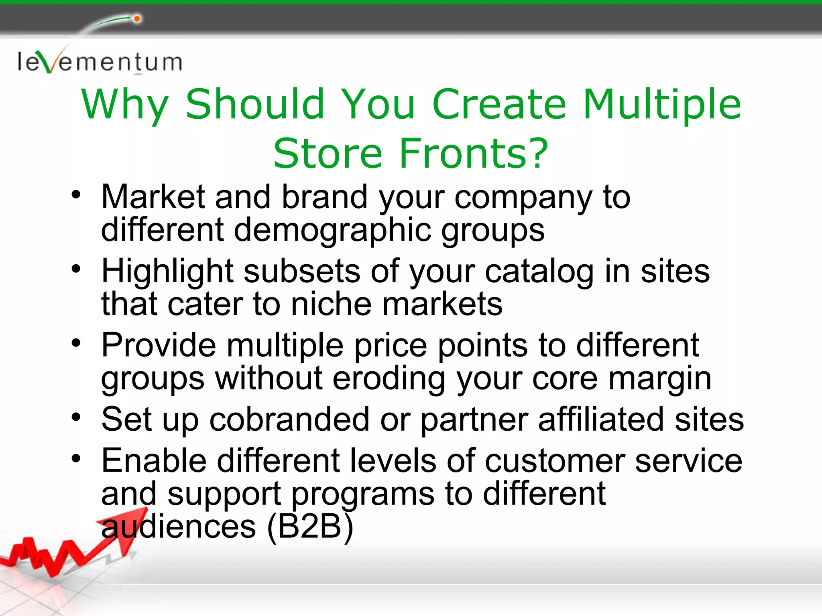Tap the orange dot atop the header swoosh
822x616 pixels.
pyautogui.click(x=137, y=19)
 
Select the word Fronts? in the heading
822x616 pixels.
pyautogui.click(x=474, y=154)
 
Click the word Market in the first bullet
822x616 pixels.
pyautogui.click(x=153, y=197)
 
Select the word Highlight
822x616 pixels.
pyautogui.click(x=167, y=272)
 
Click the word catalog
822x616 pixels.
pyautogui.click(x=539, y=272)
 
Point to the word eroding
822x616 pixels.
pyautogui.click(x=389, y=379)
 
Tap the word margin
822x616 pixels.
pyautogui.click(x=660, y=379)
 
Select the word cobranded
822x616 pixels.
pyautogui.click(x=289, y=419)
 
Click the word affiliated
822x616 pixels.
pyautogui.click(x=601, y=419)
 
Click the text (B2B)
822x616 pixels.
pyautogui.click(x=310, y=527)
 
